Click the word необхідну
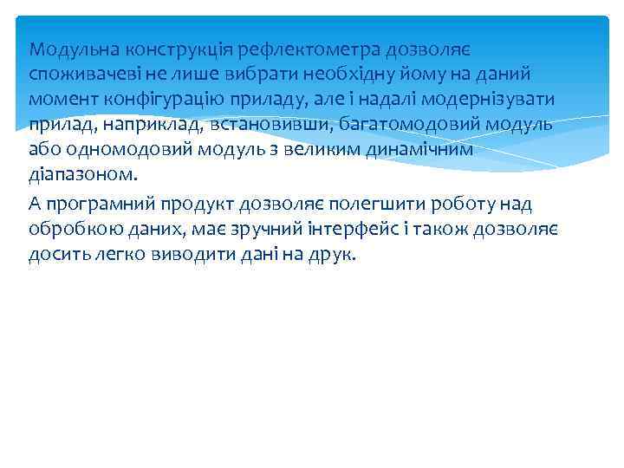click(x=334, y=73)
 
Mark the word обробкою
click(x=72, y=230)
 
